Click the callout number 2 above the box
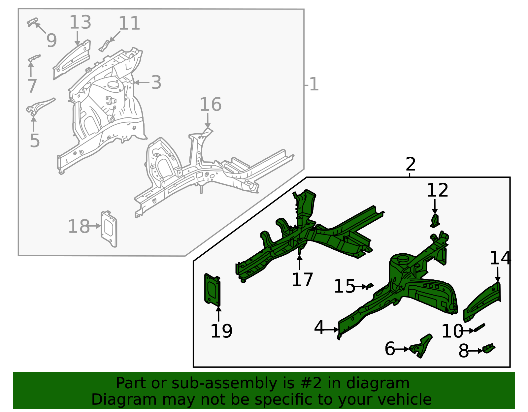[x=410, y=164]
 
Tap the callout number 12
[x=437, y=190]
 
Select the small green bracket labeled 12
[x=435, y=220]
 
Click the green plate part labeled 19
[x=212, y=289]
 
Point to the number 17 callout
[x=302, y=280]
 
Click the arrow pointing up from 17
[x=299, y=262]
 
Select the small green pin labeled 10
[x=479, y=328]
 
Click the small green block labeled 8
[x=489, y=348]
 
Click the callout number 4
[x=319, y=328]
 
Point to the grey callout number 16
[x=211, y=105]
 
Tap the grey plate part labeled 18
[x=109, y=228]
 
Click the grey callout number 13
[x=80, y=22]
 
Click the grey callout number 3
[x=156, y=82]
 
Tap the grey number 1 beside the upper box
[x=313, y=84]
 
